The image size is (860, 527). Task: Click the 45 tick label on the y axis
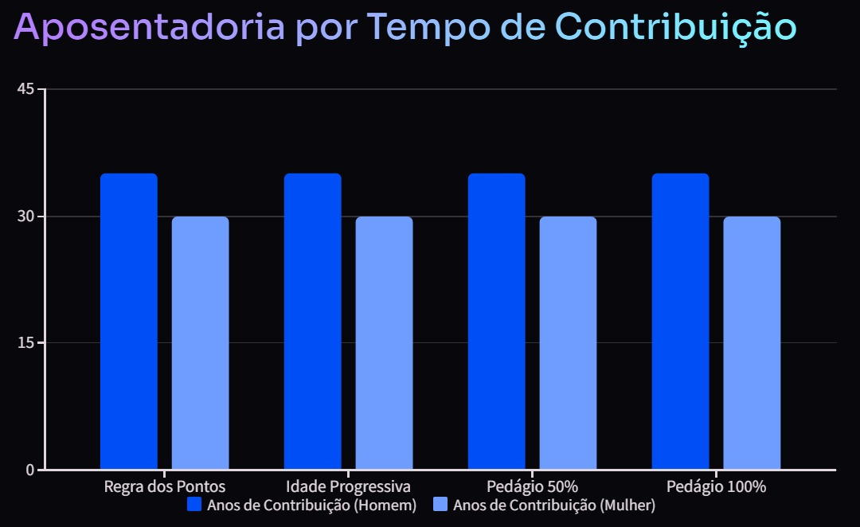pos(25,89)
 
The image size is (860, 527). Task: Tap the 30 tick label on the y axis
pos(25,217)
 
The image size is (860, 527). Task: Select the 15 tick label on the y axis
pos(25,343)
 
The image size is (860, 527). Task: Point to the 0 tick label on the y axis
pos(30,470)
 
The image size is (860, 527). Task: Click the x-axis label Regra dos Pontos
pos(165,486)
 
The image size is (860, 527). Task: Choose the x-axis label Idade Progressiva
pos(349,486)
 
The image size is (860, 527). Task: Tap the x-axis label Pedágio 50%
pos(533,486)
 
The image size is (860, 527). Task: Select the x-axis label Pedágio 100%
pos(717,486)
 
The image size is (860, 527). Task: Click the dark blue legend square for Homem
pos(194,505)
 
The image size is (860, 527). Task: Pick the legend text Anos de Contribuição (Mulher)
pos(554,506)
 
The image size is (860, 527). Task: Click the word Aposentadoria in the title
pos(150,27)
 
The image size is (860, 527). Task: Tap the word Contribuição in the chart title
pos(675,27)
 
